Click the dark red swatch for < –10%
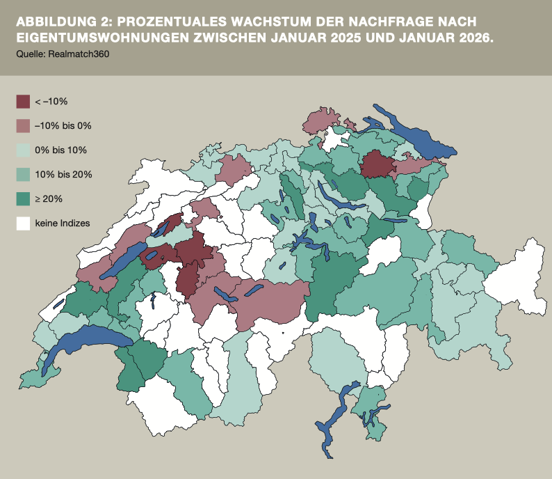(24, 102)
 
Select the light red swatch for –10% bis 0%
(24, 126)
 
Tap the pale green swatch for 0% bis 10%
(24, 150)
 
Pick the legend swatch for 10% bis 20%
(24, 175)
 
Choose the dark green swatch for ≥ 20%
(24, 199)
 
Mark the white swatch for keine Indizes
(24, 223)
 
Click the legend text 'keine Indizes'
(63, 223)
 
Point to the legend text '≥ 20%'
(49, 199)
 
